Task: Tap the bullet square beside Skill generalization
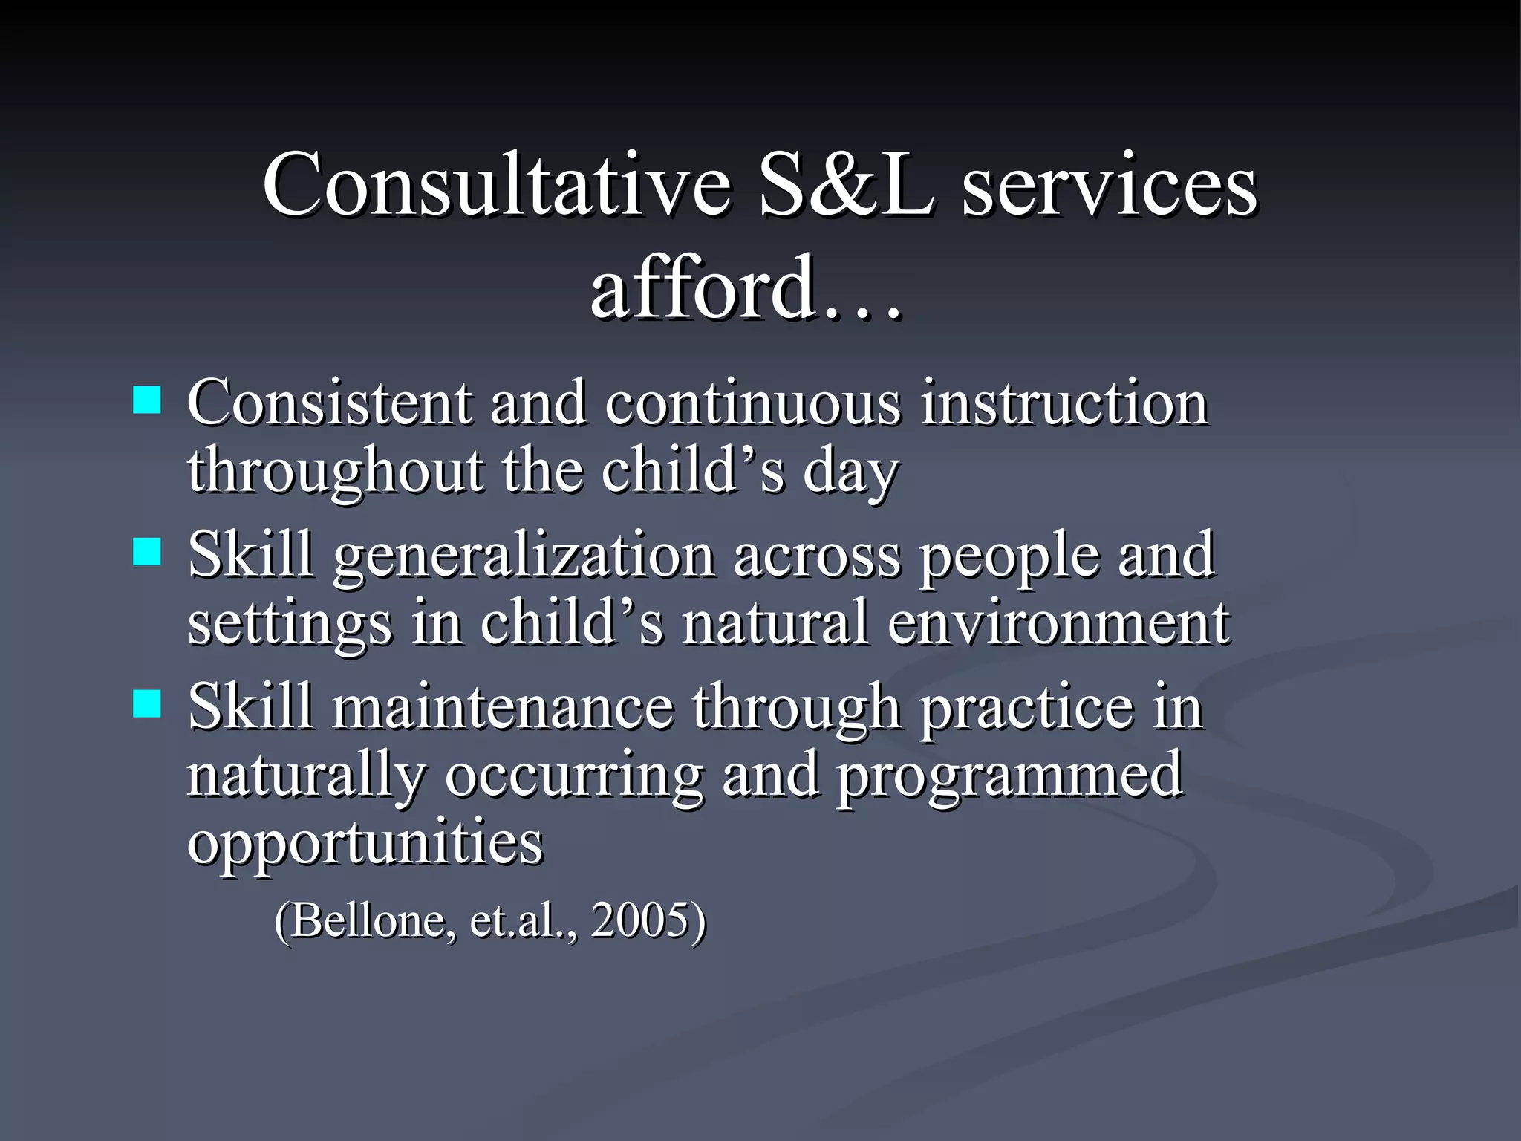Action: (147, 553)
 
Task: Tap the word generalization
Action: (523, 556)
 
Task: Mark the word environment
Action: (1058, 623)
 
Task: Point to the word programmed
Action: (1009, 776)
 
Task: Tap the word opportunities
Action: (365, 843)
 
